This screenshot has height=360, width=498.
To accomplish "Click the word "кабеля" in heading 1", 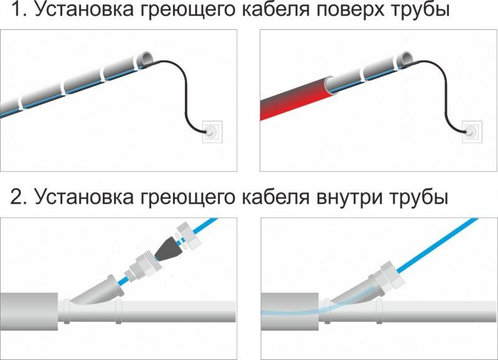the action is click(276, 9).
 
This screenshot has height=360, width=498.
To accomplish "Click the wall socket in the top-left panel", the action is click(212, 131).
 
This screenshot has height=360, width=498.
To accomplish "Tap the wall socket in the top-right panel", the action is click(472, 131).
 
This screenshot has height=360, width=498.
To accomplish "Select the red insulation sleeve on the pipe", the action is click(295, 99).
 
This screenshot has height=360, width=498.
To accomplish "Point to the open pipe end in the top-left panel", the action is click(147, 59).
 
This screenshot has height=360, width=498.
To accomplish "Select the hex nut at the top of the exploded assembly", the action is click(189, 235).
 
